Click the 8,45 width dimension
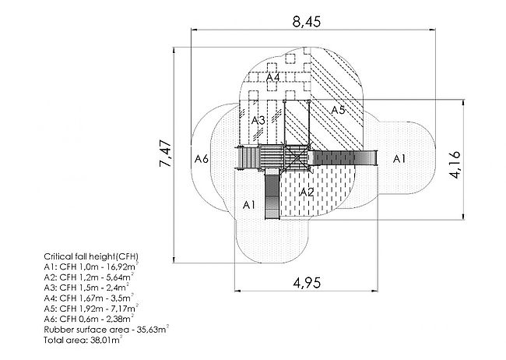(307, 22)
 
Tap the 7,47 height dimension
(165, 154)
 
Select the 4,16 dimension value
(455, 164)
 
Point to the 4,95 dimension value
(307, 283)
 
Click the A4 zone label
(272, 78)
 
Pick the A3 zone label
(258, 121)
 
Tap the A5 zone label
(338, 110)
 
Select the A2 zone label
(307, 192)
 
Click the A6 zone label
(202, 159)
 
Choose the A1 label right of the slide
(399, 159)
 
